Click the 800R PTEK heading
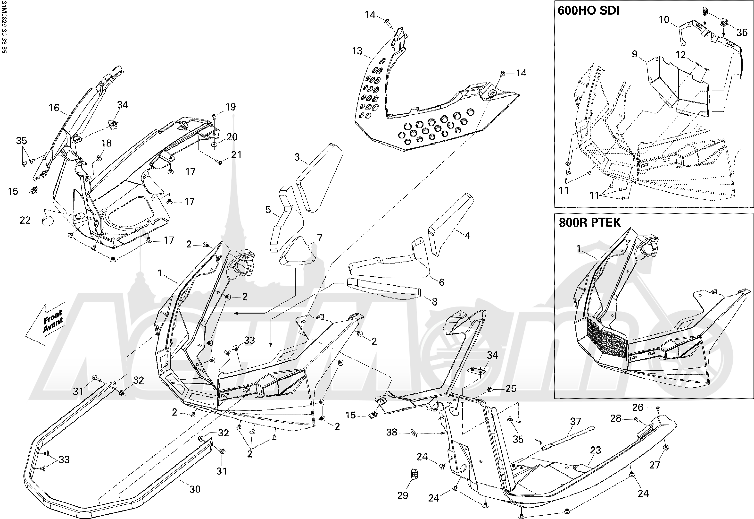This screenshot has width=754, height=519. click(x=590, y=222)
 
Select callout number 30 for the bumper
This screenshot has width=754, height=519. click(x=195, y=489)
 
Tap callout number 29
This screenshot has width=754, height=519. click(x=403, y=496)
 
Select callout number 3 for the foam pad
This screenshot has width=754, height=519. click(x=297, y=157)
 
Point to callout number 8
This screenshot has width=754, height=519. click(x=434, y=302)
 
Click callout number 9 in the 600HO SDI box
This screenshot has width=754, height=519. click(x=634, y=54)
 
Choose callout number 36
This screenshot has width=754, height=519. click(x=742, y=33)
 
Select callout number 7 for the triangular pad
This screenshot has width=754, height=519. click(x=319, y=238)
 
